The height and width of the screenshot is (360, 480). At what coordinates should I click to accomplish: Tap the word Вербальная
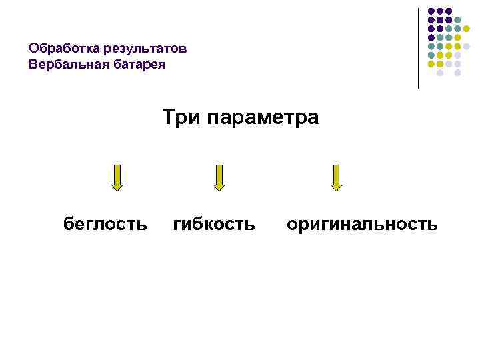click(64, 65)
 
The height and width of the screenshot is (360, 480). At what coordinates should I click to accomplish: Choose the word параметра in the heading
click(263, 119)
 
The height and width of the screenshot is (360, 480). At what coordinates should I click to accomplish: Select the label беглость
click(105, 224)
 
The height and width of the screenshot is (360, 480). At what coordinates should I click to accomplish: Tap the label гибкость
click(214, 224)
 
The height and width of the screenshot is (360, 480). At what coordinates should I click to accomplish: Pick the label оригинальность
click(362, 224)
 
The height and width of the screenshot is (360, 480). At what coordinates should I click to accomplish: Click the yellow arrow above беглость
click(117, 177)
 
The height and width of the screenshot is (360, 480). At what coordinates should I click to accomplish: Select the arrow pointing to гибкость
click(219, 177)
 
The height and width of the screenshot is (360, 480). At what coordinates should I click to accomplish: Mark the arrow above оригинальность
click(337, 177)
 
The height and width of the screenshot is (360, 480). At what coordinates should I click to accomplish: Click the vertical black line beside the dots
click(419, 48)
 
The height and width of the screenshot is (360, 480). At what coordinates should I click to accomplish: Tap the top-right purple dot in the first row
click(449, 11)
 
